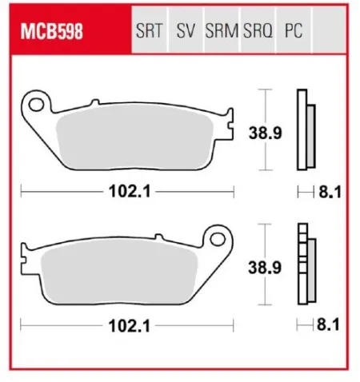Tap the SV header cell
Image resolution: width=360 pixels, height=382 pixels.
coord(186,33)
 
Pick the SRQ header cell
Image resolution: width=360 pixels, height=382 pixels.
coord(258,33)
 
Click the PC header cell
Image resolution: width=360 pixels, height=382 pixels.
coord(293,33)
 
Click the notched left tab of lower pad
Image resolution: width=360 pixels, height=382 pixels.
coord(27,255)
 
